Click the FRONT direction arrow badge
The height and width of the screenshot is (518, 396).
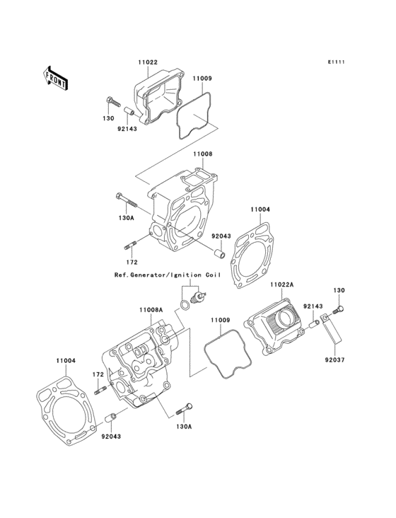[x=56, y=77]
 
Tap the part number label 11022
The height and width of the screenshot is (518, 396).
[x=147, y=62]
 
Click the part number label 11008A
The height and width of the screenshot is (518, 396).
[x=151, y=309]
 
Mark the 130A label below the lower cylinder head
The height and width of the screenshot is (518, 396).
[x=184, y=427]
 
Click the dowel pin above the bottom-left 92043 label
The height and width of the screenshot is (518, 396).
[x=110, y=418]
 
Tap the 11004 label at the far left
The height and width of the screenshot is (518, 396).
[x=65, y=360]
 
